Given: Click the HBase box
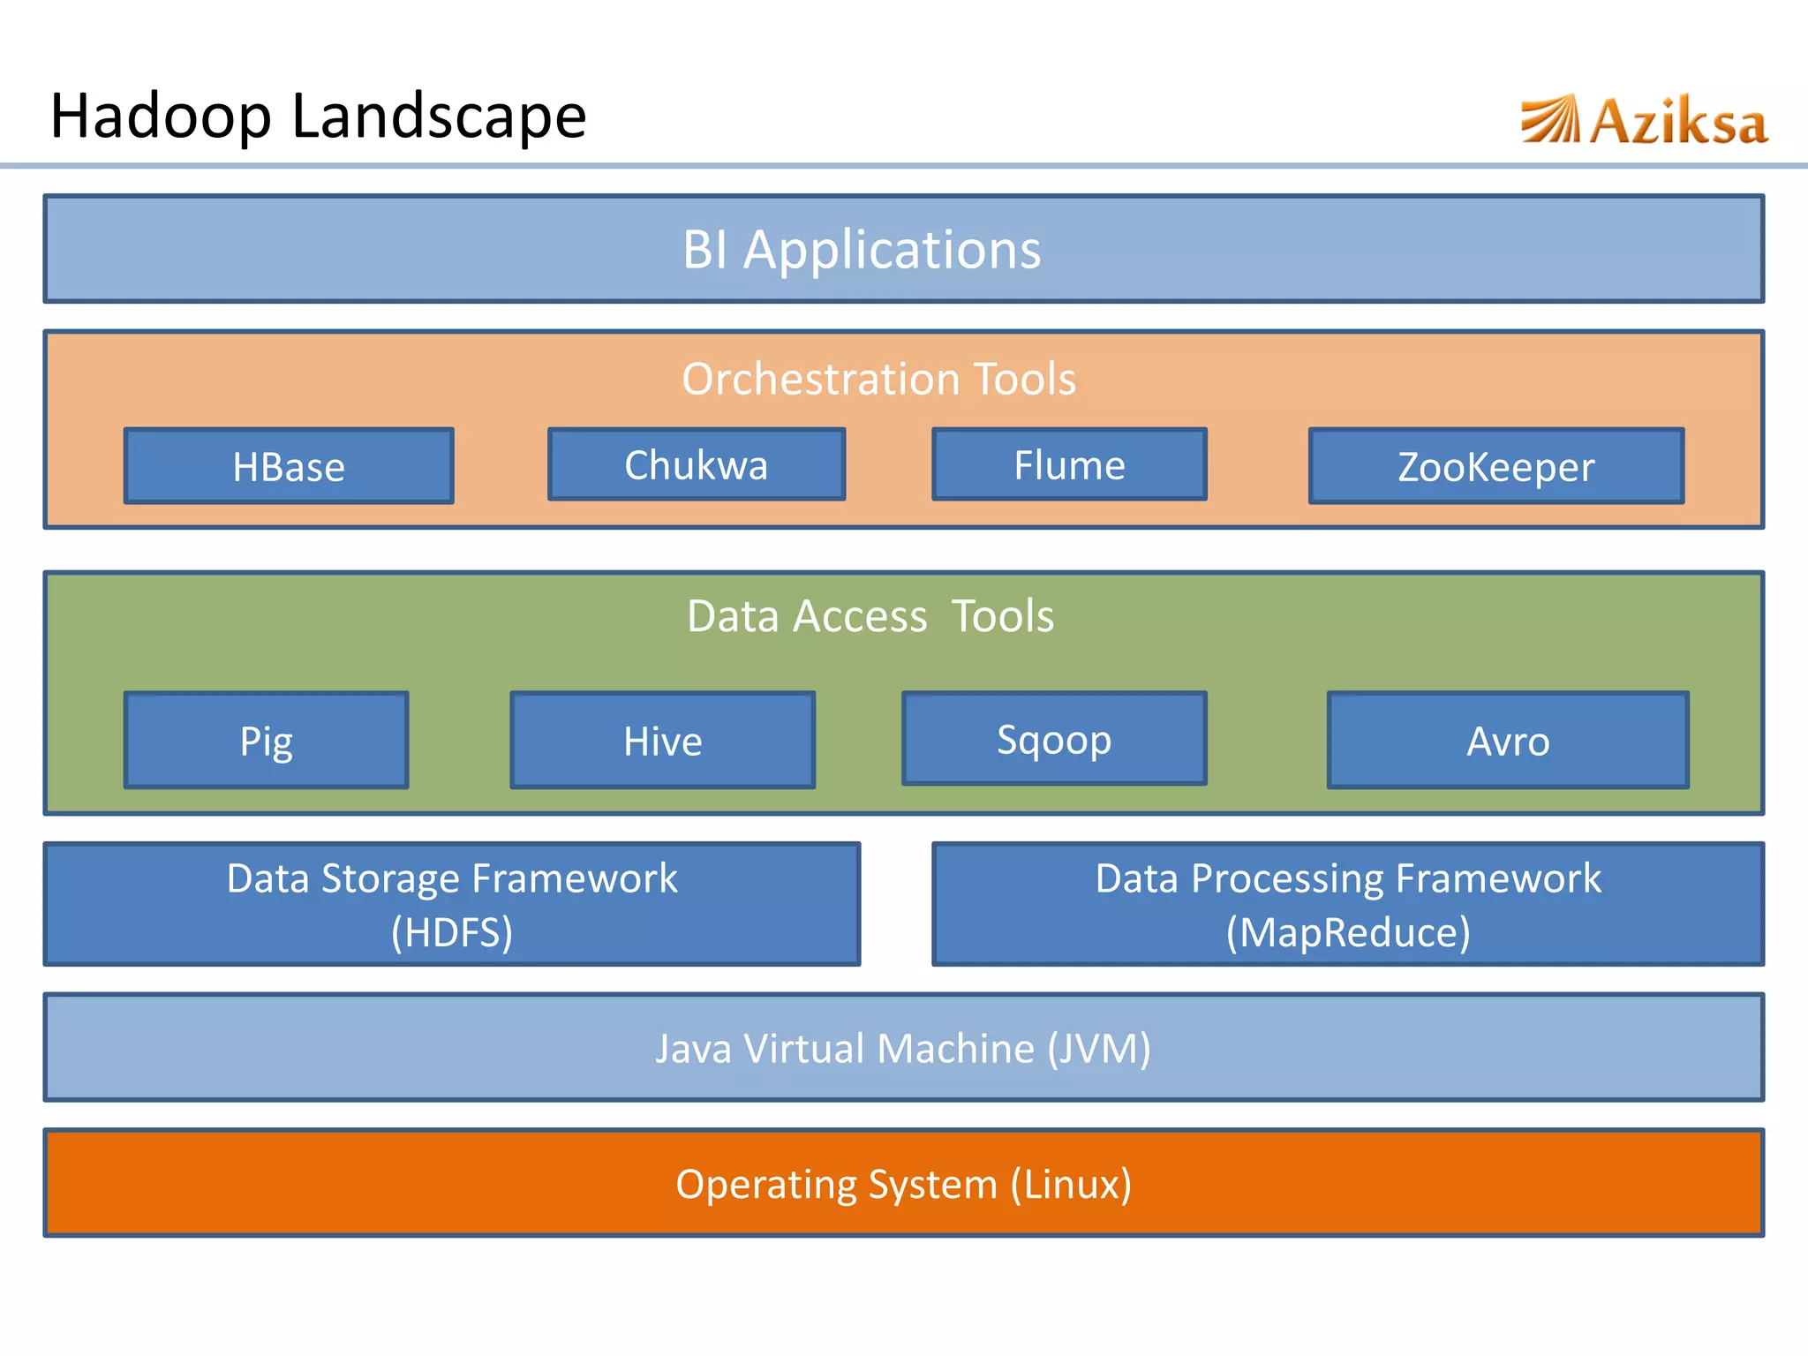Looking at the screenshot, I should point(289,466).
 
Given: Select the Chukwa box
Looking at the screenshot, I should point(697,464).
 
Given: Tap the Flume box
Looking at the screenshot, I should point(1069,464).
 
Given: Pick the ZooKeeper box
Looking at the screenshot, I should point(1496,466).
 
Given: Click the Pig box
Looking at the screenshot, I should point(266,740).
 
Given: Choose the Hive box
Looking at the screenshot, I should point(662,740).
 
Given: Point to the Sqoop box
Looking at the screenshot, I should point(1054,738).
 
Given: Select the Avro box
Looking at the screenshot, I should point(1508,740).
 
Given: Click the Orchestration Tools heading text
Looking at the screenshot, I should point(878,379).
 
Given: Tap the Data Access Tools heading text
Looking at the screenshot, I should point(870,615).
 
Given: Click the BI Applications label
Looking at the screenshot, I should point(862,249).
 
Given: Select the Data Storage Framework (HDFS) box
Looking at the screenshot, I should point(452,904).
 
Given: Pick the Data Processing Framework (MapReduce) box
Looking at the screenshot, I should point(1348,904).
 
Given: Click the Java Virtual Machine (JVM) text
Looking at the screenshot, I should point(903,1048).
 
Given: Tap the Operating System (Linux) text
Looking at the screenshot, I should point(903,1184).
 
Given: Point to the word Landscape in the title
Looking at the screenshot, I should point(439,117).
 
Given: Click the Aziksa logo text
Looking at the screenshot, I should point(1678,122).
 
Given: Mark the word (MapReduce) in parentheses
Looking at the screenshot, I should point(1348,932).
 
